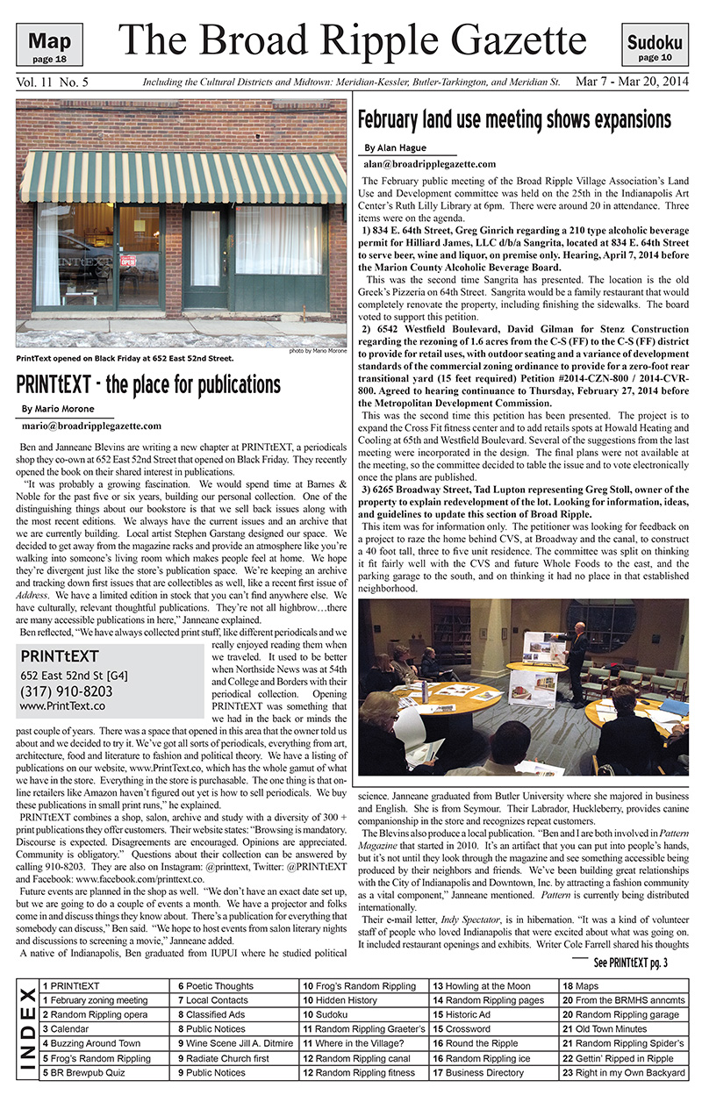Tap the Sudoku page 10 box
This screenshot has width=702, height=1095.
tap(655, 47)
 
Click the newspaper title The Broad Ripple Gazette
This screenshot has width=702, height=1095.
tap(353, 39)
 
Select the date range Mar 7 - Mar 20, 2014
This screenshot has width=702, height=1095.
tap(631, 82)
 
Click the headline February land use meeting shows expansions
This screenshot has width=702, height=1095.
tap(514, 119)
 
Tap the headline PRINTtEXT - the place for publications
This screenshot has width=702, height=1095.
tap(148, 383)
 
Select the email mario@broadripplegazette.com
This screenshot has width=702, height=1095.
tap(91, 426)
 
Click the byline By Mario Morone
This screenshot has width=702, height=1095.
tap(56, 409)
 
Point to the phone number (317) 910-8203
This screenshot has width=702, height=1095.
tap(66, 690)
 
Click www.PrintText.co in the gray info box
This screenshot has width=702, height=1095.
tap(62, 705)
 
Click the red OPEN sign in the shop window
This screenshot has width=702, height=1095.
tap(129, 261)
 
